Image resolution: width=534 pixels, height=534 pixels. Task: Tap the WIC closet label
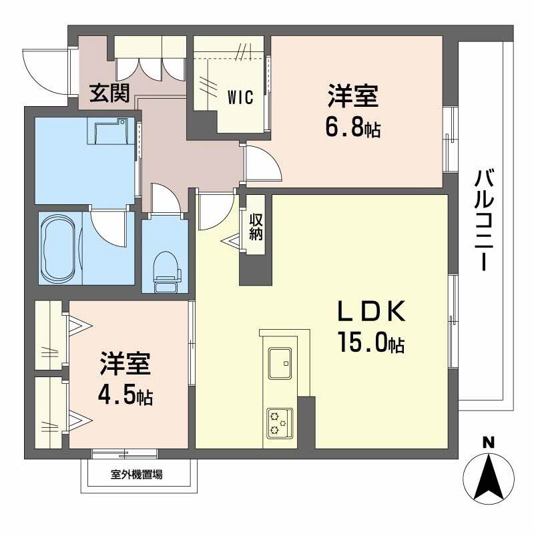(x=240, y=97)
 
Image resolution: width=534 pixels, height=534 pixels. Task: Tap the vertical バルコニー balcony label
(x=485, y=220)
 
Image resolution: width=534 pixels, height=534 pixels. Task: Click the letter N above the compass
(x=489, y=442)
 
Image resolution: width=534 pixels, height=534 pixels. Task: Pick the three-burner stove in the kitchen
(x=278, y=423)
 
